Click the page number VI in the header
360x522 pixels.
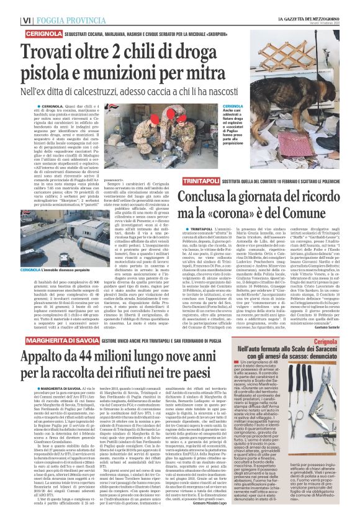[x=10, y=6]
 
